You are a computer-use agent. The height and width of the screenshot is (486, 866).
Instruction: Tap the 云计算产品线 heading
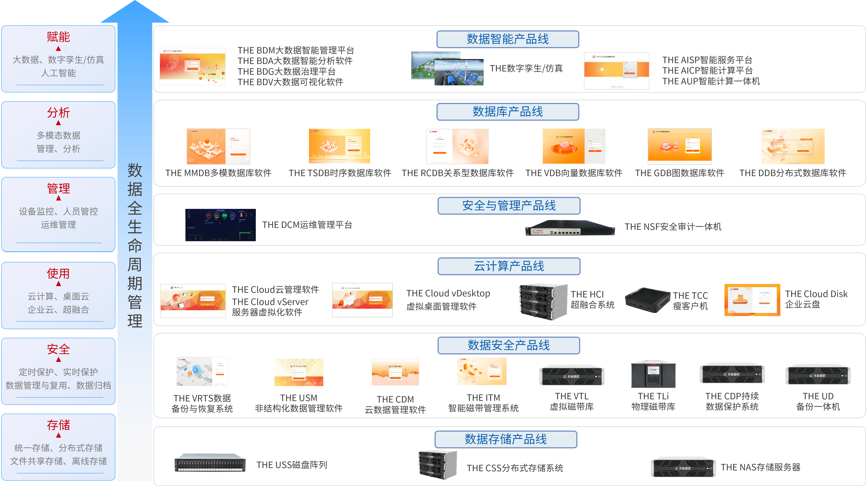pos(509,266)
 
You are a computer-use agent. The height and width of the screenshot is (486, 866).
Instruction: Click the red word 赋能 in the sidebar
pos(58,37)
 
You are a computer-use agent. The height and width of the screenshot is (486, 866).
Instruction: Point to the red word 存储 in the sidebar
pos(58,425)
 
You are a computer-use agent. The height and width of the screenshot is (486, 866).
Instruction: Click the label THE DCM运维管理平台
pos(307,225)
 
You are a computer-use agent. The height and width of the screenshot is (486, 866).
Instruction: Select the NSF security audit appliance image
pos(570,228)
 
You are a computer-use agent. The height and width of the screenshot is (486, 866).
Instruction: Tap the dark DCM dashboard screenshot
pos(220,225)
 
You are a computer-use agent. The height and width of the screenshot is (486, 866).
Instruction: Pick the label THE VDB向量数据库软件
pos(574,173)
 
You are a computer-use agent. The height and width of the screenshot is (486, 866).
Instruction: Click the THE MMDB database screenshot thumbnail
pos(218,146)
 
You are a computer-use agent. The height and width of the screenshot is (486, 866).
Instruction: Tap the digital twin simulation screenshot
pos(447,68)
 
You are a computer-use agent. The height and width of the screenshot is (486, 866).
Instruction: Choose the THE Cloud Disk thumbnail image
pos(752,300)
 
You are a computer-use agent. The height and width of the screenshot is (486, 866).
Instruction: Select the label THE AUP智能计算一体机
pos(711,81)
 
